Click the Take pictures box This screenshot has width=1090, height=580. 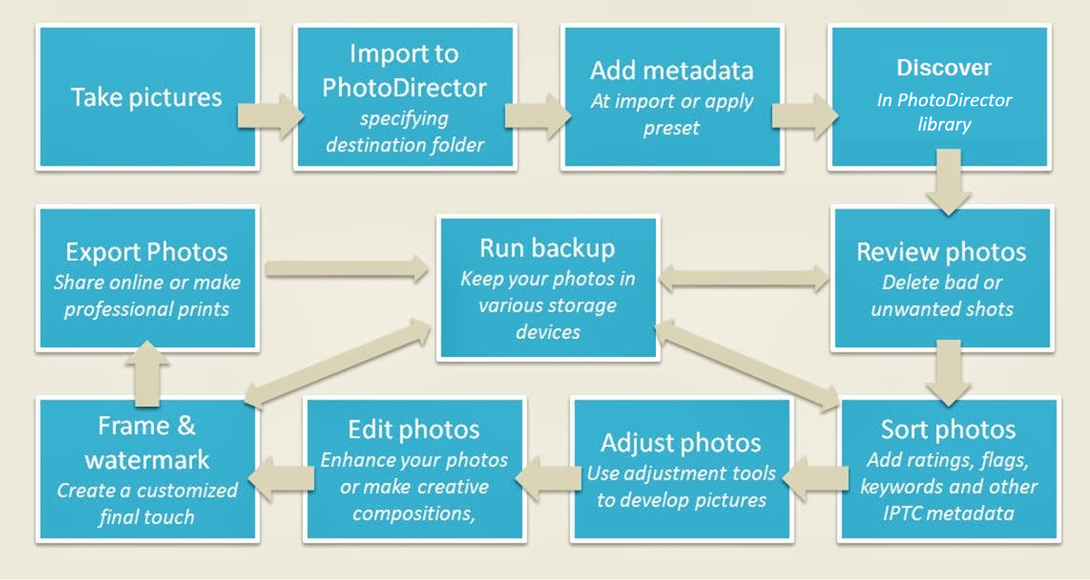click(147, 97)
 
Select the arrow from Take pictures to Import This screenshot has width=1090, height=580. click(269, 115)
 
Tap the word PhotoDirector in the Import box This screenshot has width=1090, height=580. click(404, 88)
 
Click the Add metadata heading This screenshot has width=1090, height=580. click(672, 71)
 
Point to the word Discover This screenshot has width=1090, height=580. click(944, 67)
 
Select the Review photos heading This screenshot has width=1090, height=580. click(941, 252)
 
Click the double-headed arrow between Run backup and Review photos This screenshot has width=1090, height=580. click(744, 278)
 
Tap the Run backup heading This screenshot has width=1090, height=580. click(547, 248)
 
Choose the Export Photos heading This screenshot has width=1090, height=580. click(146, 252)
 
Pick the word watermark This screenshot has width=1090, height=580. click(147, 460)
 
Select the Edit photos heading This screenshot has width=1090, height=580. click(414, 429)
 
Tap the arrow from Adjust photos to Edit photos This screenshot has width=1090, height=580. click(548, 478)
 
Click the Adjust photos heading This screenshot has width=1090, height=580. click(681, 443)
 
